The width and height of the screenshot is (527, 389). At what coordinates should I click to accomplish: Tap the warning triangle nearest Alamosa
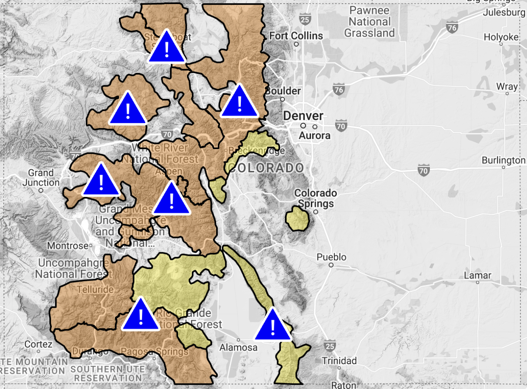pyautogui.click(x=273, y=326)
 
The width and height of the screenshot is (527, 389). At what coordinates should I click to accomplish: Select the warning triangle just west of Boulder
pyautogui.click(x=239, y=102)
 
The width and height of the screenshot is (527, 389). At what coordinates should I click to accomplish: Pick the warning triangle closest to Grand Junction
pyautogui.click(x=101, y=181)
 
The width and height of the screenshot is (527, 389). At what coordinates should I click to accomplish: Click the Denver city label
pyautogui.click(x=303, y=116)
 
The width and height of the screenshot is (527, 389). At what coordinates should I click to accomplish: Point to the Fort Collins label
pyautogui.click(x=296, y=36)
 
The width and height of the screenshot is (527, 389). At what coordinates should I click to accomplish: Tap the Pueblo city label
pyautogui.click(x=331, y=257)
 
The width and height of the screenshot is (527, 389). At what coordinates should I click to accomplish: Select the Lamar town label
pyautogui.click(x=478, y=275)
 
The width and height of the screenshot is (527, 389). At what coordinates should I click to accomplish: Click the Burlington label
pyautogui.click(x=503, y=160)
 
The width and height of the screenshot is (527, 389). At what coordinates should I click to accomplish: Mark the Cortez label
pyautogui.click(x=38, y=344)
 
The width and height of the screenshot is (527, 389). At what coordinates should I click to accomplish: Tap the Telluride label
pyautogui.click(x=95, y=290)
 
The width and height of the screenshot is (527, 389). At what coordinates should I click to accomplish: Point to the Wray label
pyautogui.click(x=507, y=87)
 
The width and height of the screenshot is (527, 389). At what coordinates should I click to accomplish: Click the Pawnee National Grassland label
pyautogui.click(x=369, y=21)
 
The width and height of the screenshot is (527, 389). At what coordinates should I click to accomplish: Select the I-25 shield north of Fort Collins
pyautogui.click(x=305, y=18)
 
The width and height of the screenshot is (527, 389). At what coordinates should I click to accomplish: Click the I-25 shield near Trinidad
pyautogui.click(x=329, y=344)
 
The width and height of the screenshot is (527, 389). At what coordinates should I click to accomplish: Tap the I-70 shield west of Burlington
pyautogui.click(x=424, y=169)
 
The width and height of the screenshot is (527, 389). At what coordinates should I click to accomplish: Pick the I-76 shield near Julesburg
pyautogui.click(x=452, y=27)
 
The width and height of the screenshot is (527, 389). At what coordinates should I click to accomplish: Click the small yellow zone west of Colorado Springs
pyautogui.click(x=297, y=219)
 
